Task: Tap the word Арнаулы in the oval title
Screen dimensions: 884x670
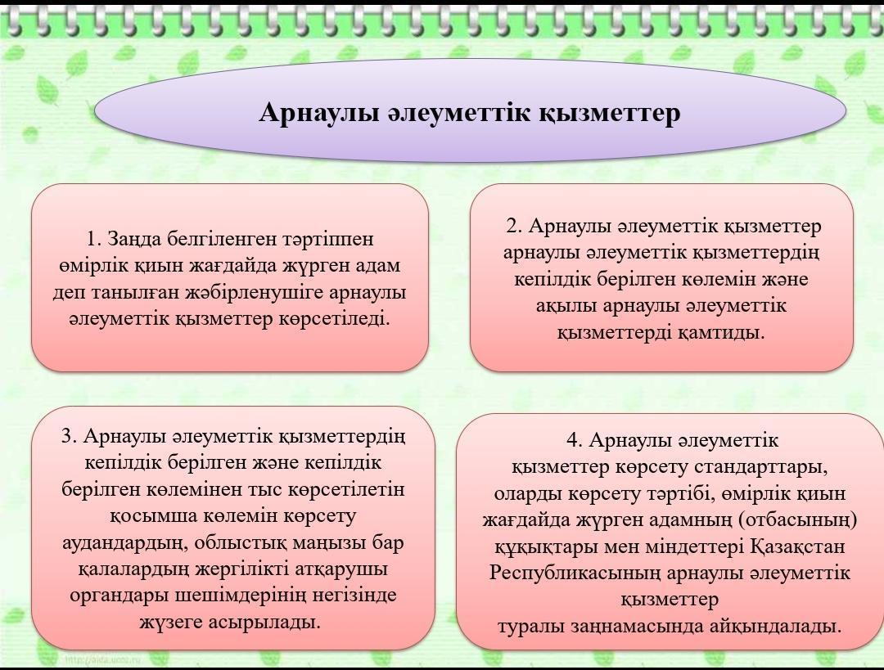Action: click(318, 113)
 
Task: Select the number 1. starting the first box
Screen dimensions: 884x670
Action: click(94, 239)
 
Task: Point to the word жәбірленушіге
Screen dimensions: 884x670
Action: click(258, 293)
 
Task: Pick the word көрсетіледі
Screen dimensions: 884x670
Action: click(334, 320)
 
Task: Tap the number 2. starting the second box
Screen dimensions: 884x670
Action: click(514, 226)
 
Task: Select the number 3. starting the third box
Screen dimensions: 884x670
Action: click(69, 436)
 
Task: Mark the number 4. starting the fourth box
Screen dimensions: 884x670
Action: click(575, 440)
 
